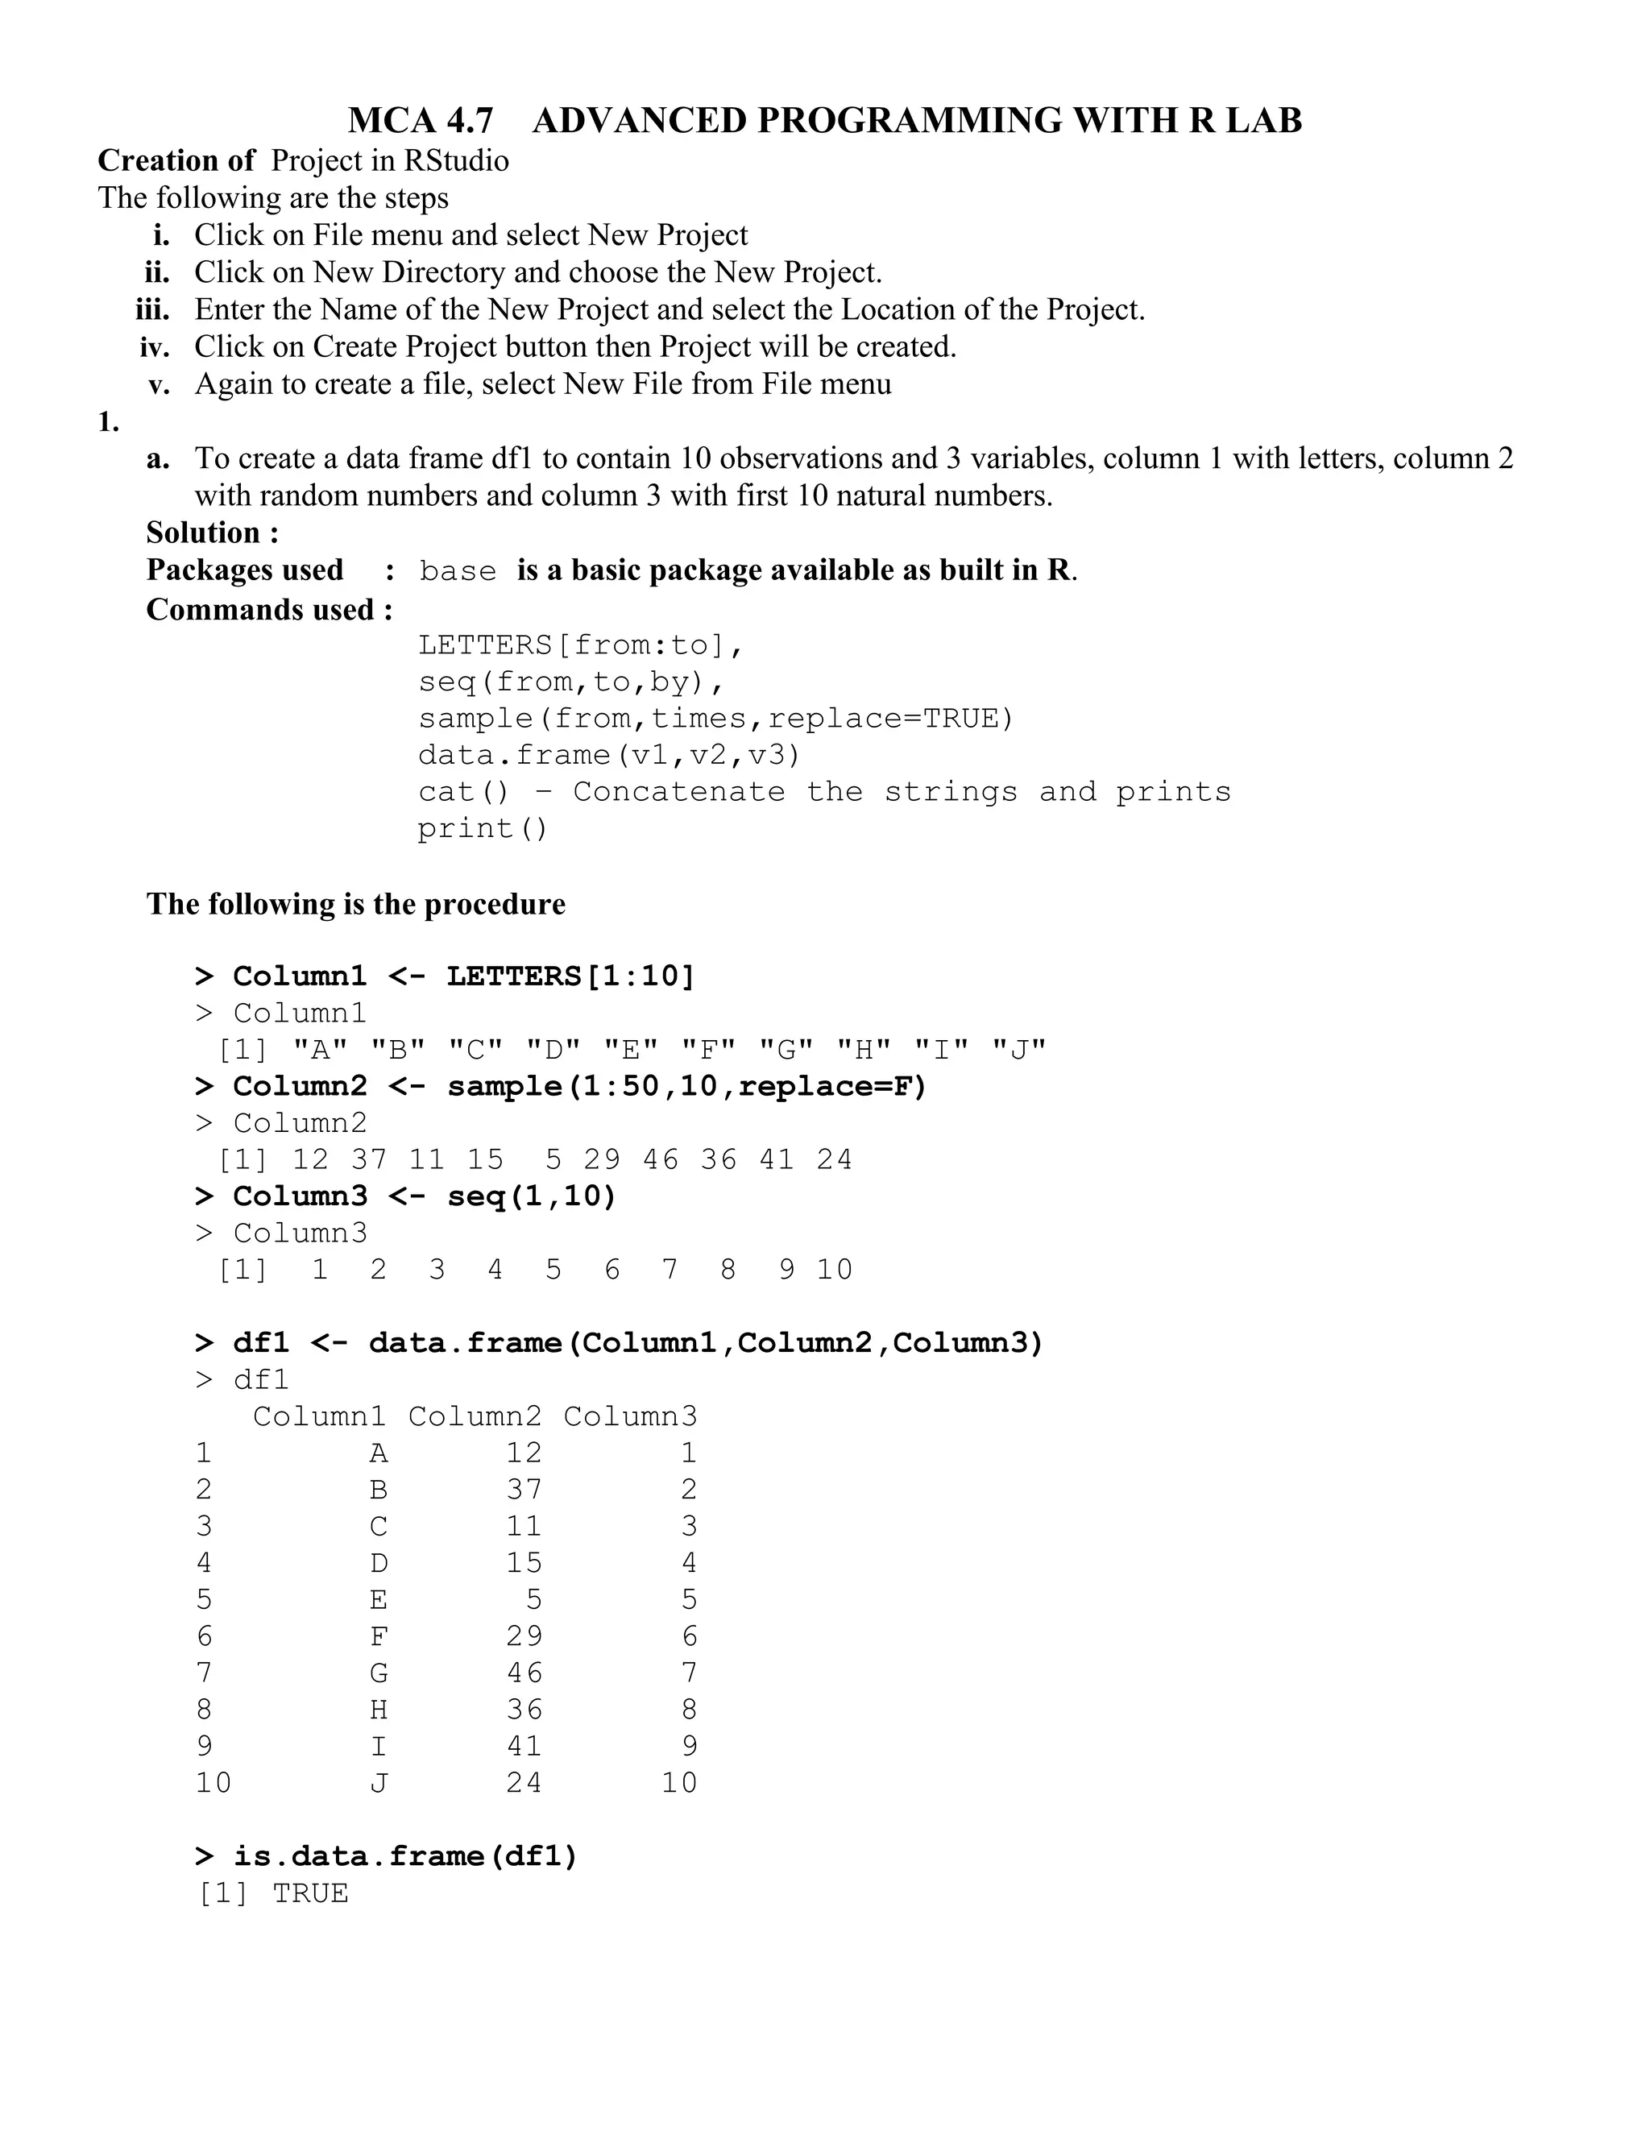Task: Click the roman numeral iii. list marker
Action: coord(151,310)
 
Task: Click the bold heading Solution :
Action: coord(212,533)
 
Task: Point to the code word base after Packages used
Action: coord(457,571)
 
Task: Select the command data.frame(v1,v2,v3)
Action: coord(609,755)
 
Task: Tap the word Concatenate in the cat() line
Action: coord(678,792)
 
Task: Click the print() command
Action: coord(483,829)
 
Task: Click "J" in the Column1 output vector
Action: coord(1018,1050)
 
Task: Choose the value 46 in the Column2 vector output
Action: coord(660,1159)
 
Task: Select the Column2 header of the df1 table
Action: coord(474,1416)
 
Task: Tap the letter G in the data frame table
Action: coord(379,1673)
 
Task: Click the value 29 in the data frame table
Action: coord(523,1636)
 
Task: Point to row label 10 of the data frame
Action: coord(213,1783)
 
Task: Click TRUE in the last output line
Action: coord(310,1893)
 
